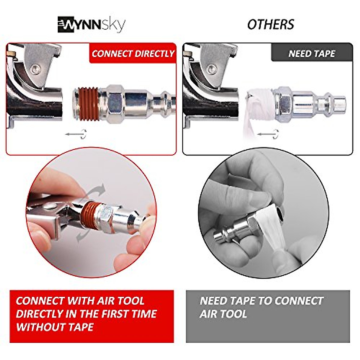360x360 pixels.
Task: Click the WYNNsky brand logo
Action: point(91,25)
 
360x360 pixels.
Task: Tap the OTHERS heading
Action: point(271,25)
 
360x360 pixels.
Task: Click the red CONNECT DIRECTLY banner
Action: point(133,54)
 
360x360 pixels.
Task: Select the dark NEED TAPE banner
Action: point(311,54)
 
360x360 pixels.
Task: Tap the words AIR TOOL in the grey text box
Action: point(223,314)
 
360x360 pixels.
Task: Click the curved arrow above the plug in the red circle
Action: point(96,192)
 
